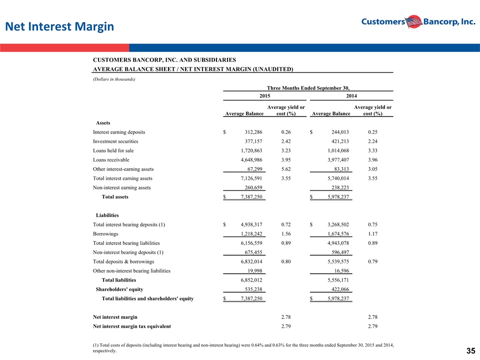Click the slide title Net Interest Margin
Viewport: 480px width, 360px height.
point(59,26)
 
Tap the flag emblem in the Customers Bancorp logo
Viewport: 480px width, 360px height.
point(414,21)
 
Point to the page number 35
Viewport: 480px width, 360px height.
point(471,351)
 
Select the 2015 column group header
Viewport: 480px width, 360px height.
point(265,96)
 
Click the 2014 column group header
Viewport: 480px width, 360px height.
point(351,96)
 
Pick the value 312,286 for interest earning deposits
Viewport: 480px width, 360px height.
point(253,132)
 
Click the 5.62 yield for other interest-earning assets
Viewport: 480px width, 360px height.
point(286,169)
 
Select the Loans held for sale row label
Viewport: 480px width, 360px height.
point(113,150)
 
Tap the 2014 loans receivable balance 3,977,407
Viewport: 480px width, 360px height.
point(338,160)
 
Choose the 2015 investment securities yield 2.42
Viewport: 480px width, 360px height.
point(286,141)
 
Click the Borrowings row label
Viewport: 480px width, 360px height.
point(105,234)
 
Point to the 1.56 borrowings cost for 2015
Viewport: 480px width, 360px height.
point(286,234)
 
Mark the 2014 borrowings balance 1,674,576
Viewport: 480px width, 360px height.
point(338,234)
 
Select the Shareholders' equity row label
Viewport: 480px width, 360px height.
point(119,289)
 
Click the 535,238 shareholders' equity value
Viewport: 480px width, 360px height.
point(253,289)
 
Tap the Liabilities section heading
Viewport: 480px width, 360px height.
point(107,215)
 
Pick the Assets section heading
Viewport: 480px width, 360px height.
point(103,123)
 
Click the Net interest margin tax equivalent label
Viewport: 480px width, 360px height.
point(132,326)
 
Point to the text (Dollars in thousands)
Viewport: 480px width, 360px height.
point(114,79)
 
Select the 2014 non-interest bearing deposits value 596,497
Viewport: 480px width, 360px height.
point(340,252)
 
